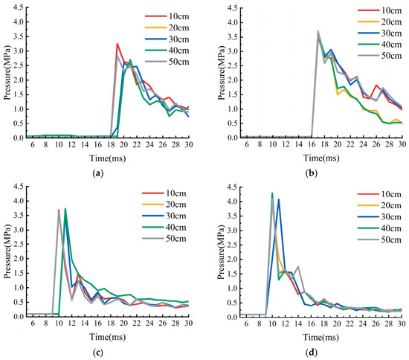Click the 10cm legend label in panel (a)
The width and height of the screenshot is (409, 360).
pyautogui.click(x=178, y=16)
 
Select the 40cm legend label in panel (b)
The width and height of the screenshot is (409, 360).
pyautogui.click(x=391, y=45)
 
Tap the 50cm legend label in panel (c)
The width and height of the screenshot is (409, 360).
pyautogui.click(x=176, y=239)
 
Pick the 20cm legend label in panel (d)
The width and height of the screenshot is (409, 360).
pyautogui.click(x=391, y=205)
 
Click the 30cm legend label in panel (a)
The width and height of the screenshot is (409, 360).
pyautogui.click(x=178, y=39)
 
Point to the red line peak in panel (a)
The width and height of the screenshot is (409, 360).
pyautogui.click(x=117, y=44)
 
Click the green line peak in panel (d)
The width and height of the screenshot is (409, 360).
pyautogui.click(x=272, y=193)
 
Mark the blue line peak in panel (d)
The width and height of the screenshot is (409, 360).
pyautogui.click(x=279, y=199)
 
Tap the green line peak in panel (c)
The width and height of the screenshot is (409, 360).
pyautogui.click(x=65, y=208)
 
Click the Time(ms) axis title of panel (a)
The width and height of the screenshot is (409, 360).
pyautogui.click(x=108, y=158)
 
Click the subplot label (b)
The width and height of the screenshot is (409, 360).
pyautogui.click(x=311, y=173)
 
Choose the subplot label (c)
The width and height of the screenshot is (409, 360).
pyautogui.click(x=98, y=353)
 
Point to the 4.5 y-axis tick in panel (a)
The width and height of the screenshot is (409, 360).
pyautogui.click(x=19, y=7)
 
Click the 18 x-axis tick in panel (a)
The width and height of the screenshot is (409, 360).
pyautogui.click(x=111, y=144)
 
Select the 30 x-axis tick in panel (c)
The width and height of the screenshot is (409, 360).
pyautogui.click(x=188, y=323)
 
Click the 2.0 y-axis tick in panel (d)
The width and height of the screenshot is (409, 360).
pyautogui.click(x=233, y=260)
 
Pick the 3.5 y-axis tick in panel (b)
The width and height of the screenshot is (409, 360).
pyautogui.click(x=233, y=37)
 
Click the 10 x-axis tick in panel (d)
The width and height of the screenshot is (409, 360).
pyautogui.click(x=272, y=324)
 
